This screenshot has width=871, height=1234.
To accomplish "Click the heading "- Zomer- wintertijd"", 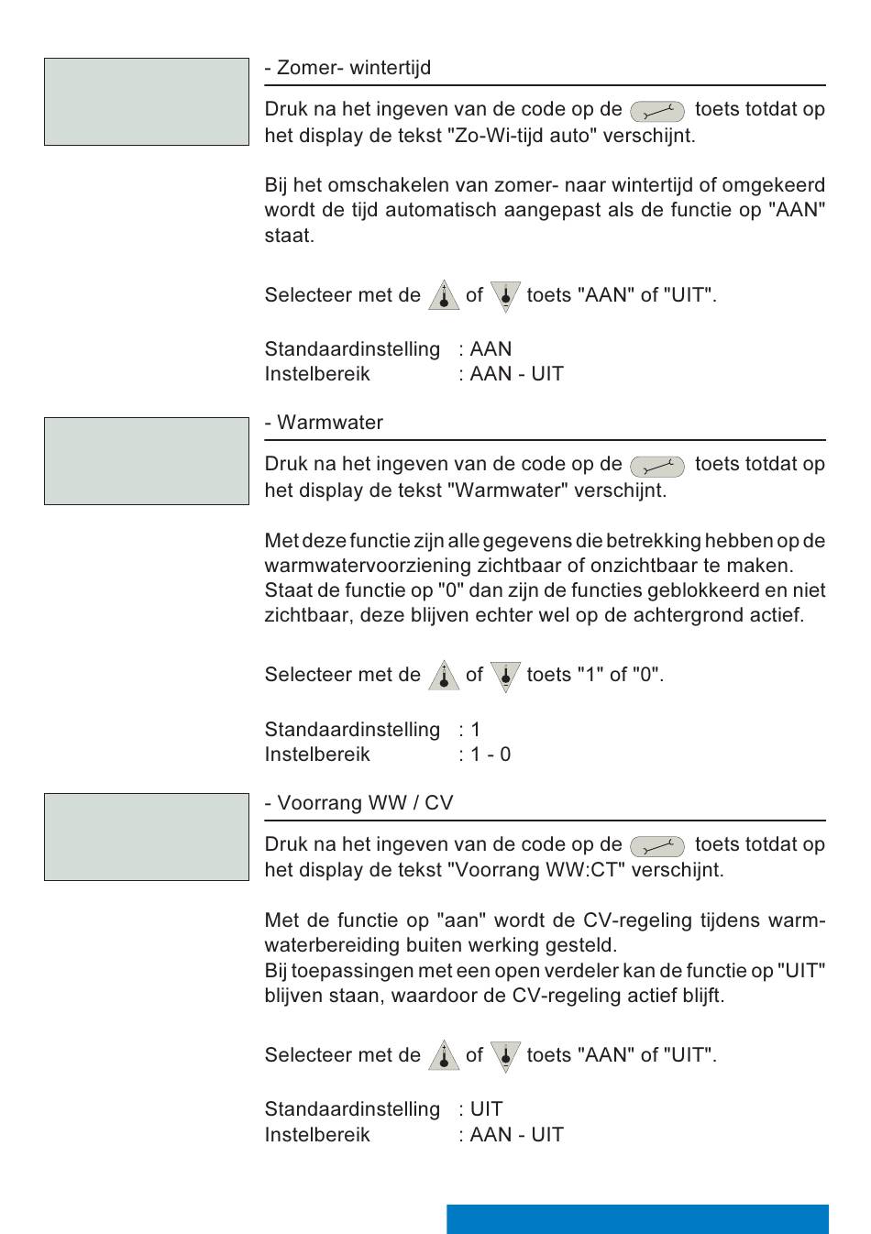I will coord(347,68).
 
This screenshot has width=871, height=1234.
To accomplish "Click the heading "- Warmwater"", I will coord(324,423).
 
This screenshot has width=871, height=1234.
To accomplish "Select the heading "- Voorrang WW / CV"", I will coord(358,803).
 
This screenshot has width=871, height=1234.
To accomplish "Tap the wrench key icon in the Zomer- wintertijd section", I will coord(656,112).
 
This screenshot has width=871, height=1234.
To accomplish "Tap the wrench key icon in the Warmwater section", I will coord(656,467).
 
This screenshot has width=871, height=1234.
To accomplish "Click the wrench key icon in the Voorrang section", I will coord(656,846).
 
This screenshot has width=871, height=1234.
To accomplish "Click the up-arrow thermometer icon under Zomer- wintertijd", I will coord(444,296).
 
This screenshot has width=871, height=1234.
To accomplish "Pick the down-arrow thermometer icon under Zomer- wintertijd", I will coord(505,296).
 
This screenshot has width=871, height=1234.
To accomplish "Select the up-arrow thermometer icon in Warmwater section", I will coord(444,676).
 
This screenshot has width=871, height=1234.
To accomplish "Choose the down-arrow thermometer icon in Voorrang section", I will coord(505,1056).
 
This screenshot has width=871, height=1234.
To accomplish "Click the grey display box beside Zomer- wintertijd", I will coord(147,102).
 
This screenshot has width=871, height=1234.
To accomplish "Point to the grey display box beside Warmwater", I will coord(147,461).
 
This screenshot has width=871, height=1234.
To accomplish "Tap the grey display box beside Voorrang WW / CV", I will coord(147,837).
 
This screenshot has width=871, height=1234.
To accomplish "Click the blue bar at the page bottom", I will coord(637,1218).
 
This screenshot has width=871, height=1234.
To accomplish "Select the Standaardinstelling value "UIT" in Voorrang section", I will coord(486,1109).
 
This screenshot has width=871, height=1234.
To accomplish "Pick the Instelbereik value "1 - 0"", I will coord(491,755).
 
